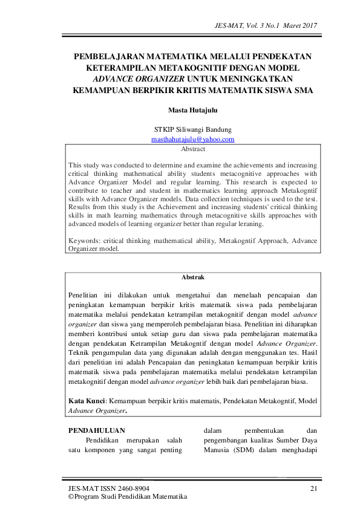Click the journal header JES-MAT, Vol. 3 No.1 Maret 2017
tap(266, 25)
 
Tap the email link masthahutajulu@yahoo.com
tap(192, 140)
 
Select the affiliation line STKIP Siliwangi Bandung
tap(192, 129)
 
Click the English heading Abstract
tap(193, 149)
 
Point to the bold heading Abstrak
tap(193, 277)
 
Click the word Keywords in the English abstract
tap(83, 240)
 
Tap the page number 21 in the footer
tap(313, 488)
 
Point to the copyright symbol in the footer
tap(70, 497)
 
